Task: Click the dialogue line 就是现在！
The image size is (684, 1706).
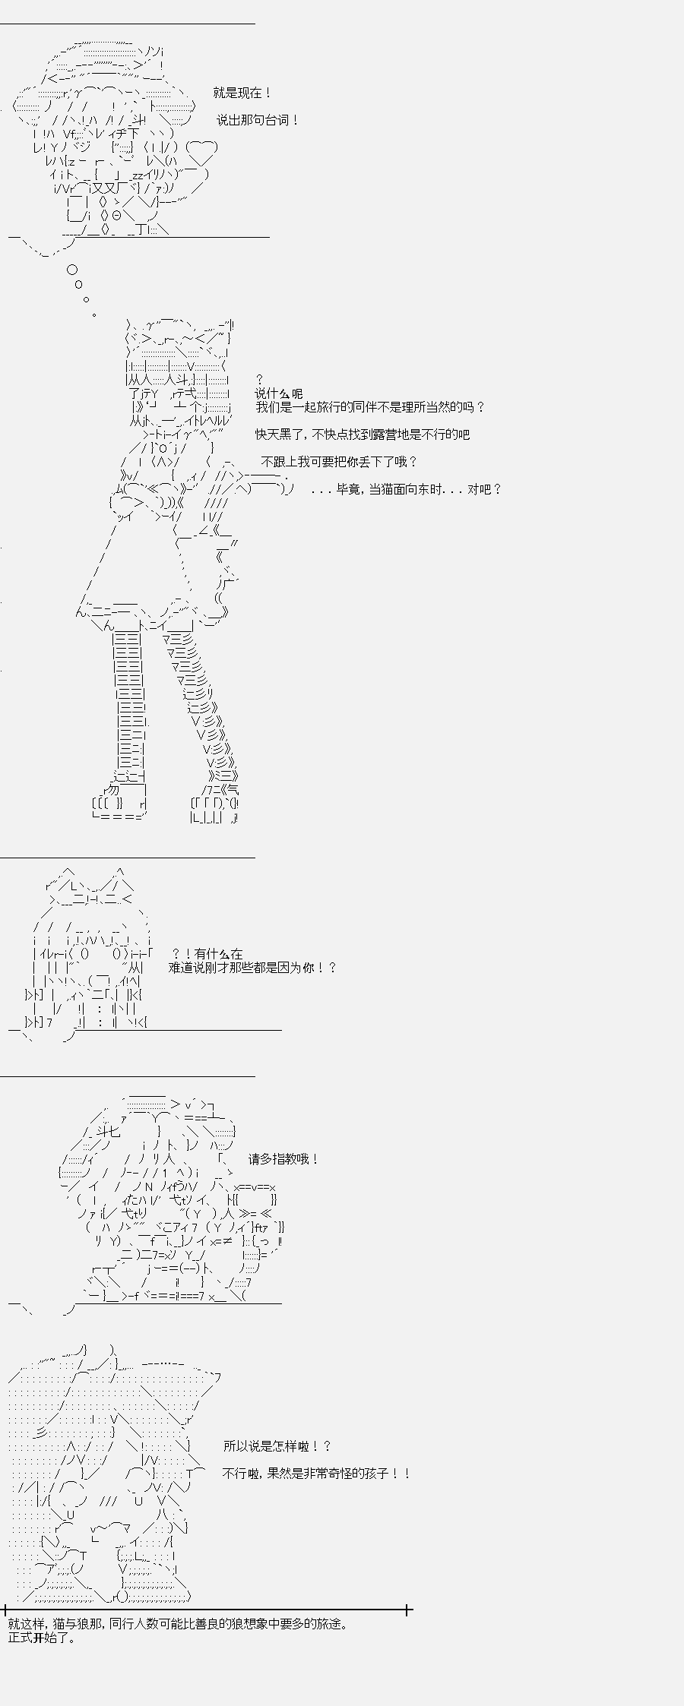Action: (x=242, y=93)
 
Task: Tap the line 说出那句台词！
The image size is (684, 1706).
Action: (x=258, y=120)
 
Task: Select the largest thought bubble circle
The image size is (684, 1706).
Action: (x=72, y=270)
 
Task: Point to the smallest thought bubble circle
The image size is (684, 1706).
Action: (x=93, y=314)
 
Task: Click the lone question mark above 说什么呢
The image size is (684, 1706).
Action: (x=259, y=379)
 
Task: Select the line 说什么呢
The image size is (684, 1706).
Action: (x=278, y=393)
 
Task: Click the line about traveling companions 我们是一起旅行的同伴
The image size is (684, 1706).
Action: (x=369, y=407)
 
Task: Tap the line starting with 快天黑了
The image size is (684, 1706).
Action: (x=363, y=434)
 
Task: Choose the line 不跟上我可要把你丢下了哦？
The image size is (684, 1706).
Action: (x=339, y=462)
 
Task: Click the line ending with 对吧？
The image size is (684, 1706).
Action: (x=407, y=489)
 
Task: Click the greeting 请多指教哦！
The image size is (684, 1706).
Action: (x=283, y=1159)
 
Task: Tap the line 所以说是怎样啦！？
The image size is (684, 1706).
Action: (x=277, y=1446)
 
